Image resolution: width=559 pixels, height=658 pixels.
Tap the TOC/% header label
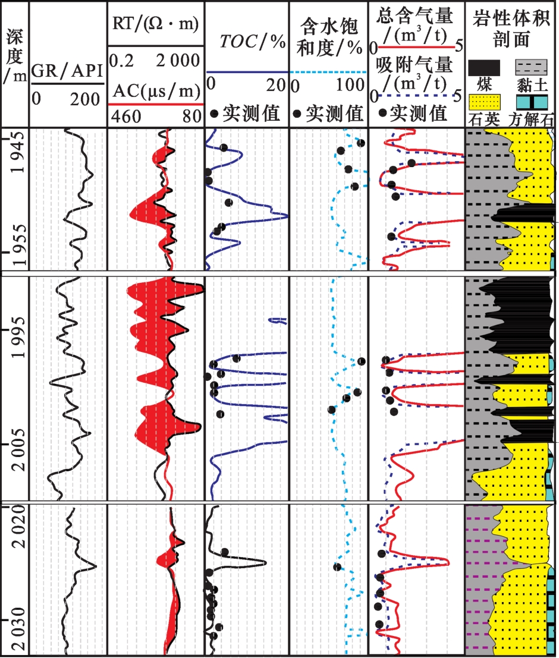tap(246, 42)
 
